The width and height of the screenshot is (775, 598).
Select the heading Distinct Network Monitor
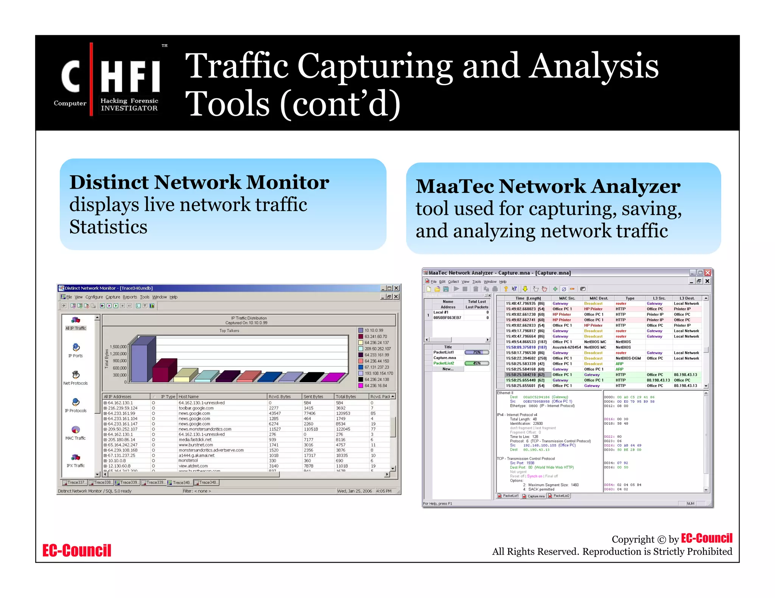point(199,182)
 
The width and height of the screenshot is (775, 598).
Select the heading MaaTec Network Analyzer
point(548,186)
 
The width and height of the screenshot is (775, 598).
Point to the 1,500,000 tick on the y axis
point(118,347)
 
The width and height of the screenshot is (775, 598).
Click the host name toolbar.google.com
point(196,408)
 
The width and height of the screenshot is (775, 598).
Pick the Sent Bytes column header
point(313,397)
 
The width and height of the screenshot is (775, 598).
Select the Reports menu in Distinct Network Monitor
point(130,297)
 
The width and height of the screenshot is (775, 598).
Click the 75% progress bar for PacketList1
point(477,352)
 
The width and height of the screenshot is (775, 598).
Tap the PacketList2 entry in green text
point(444,363)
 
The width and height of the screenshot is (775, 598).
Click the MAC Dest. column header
point(598,298)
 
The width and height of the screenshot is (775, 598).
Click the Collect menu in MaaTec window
point(453,282)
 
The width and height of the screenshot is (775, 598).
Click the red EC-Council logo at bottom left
point(77,550)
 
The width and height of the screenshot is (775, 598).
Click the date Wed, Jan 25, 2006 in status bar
point(354,491)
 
